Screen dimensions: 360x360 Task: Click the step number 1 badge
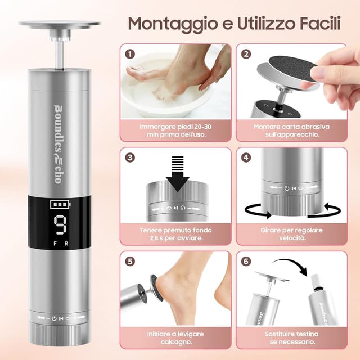point(130,55)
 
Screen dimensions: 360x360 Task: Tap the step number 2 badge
point(246,55)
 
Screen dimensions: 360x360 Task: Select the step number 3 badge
point(130,157)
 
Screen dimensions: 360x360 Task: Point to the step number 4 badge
point(246,157)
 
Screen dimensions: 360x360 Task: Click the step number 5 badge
point(130,262)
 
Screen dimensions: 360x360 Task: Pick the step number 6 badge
point(246,262)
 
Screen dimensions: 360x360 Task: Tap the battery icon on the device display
point(58,205)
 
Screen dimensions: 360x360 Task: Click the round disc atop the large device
point(59,24)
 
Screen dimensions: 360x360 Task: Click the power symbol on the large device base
point(54,318)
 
